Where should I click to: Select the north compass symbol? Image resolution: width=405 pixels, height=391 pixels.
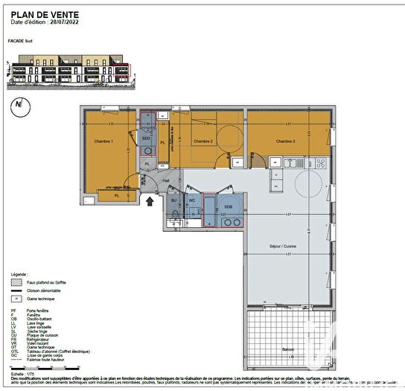tap(17, 105)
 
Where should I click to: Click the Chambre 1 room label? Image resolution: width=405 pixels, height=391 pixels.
tap(103, 142)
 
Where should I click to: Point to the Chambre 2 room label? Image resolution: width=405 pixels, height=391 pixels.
tap(203, 142)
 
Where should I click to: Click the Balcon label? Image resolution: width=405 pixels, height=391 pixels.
tap(287, 349)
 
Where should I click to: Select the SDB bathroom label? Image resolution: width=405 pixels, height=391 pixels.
tap(228, 206)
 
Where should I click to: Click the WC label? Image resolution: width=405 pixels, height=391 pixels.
tap(191, 200)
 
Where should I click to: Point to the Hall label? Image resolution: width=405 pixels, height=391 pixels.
tap(166, 180)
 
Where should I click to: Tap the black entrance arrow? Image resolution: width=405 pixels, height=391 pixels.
tap(150, 200)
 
